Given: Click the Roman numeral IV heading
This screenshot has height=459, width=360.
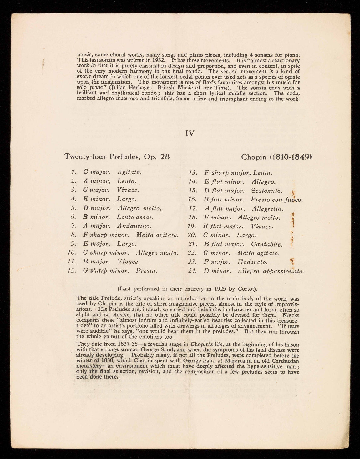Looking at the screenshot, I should click(190, 134).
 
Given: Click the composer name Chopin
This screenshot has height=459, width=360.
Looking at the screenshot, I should click(254, 156).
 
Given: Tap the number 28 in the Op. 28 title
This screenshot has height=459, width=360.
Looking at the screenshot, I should click(165, 156).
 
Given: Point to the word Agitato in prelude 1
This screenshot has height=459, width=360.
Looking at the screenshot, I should click(129, 172).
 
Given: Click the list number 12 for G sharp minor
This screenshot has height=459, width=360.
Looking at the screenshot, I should click(72, 270).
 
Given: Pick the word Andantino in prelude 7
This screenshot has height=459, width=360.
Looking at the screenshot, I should click(134, 226).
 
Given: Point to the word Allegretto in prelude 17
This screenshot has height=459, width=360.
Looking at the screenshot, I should click(267, 208).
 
